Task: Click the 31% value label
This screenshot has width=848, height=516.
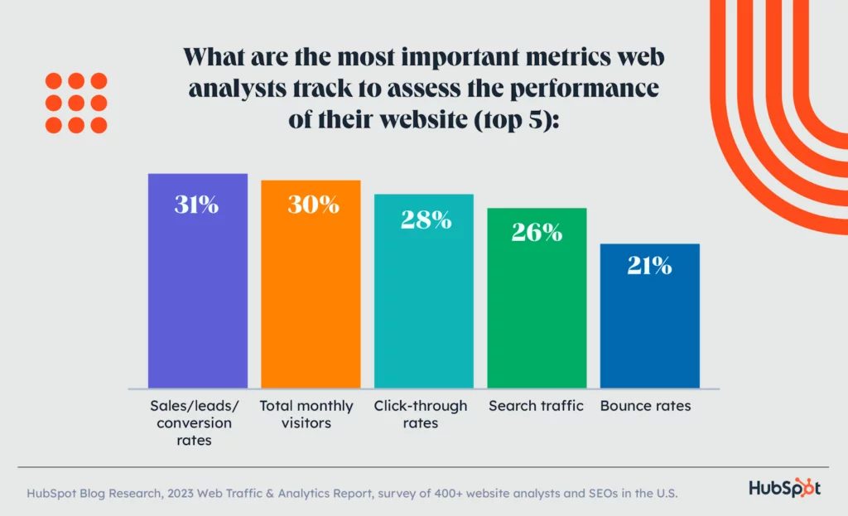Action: click(197, 205)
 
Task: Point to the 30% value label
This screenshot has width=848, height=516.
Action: click(313, 205)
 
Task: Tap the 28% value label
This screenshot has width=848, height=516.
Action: click(426, 219)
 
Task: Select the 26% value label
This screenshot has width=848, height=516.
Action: click(537, 233)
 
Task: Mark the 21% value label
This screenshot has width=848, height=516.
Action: click(649, 266)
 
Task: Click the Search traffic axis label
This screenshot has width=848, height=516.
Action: click(536, 406)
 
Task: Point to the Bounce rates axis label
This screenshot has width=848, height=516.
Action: click(645, 406)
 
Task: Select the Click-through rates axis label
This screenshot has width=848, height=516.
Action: click(420, 414)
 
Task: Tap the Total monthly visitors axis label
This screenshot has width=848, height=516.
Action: click(306, 414)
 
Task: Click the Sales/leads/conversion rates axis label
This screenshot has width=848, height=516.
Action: click(193, 423)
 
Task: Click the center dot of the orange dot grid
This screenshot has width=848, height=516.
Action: click(76, 104)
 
